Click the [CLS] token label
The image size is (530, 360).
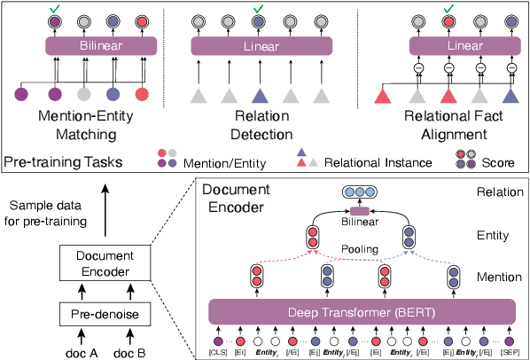pos(219,352)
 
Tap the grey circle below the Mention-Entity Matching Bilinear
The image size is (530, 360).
pos(85,94)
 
